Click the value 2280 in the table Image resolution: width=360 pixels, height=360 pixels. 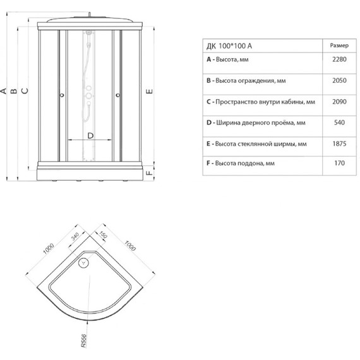tap(339, 59)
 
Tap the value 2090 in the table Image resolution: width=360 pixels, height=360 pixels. tap(339, 102)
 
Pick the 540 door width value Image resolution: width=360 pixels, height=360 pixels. tap(339, 123)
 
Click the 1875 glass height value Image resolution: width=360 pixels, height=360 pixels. tap(339, 144)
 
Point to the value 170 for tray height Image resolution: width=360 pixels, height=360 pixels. tap(340, 163)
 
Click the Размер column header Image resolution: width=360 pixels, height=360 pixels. tap(339, 45)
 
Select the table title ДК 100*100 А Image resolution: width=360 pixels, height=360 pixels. tap(229, 46)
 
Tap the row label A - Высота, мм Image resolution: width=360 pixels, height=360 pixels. tap(227, 59)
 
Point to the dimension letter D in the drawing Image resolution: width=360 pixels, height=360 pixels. tap(90, 136)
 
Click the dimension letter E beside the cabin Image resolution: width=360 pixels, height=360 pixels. tap(149, 92)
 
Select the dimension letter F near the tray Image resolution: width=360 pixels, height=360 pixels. tap(150, 172)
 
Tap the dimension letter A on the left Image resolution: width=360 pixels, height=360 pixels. tap(3, 91)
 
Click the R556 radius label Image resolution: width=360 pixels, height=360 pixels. tap(84, 340)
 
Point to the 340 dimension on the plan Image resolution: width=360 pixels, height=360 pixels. tap(75, 236)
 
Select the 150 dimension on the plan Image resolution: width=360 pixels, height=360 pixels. tap(103, 235)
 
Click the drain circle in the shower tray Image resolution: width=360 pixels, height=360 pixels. tap(83, 263)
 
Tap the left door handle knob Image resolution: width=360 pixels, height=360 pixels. tap(62, 95)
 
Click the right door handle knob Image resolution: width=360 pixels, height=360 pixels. tap(118, 95)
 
